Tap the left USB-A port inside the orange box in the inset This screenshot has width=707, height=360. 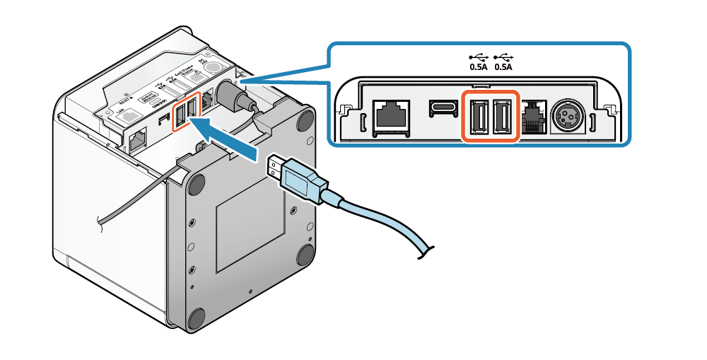tap(478, 115)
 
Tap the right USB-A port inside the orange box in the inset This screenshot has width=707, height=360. tap(504, 115)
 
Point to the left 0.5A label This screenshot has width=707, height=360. tap(479, 67)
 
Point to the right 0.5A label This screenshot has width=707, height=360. tap(503, 67)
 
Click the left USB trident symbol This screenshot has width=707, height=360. tap(479, 57)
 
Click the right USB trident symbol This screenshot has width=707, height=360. tap(503, 57)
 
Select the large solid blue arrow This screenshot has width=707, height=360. tap(227, 136)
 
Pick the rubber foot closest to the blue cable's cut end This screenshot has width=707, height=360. tap(305, 254)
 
